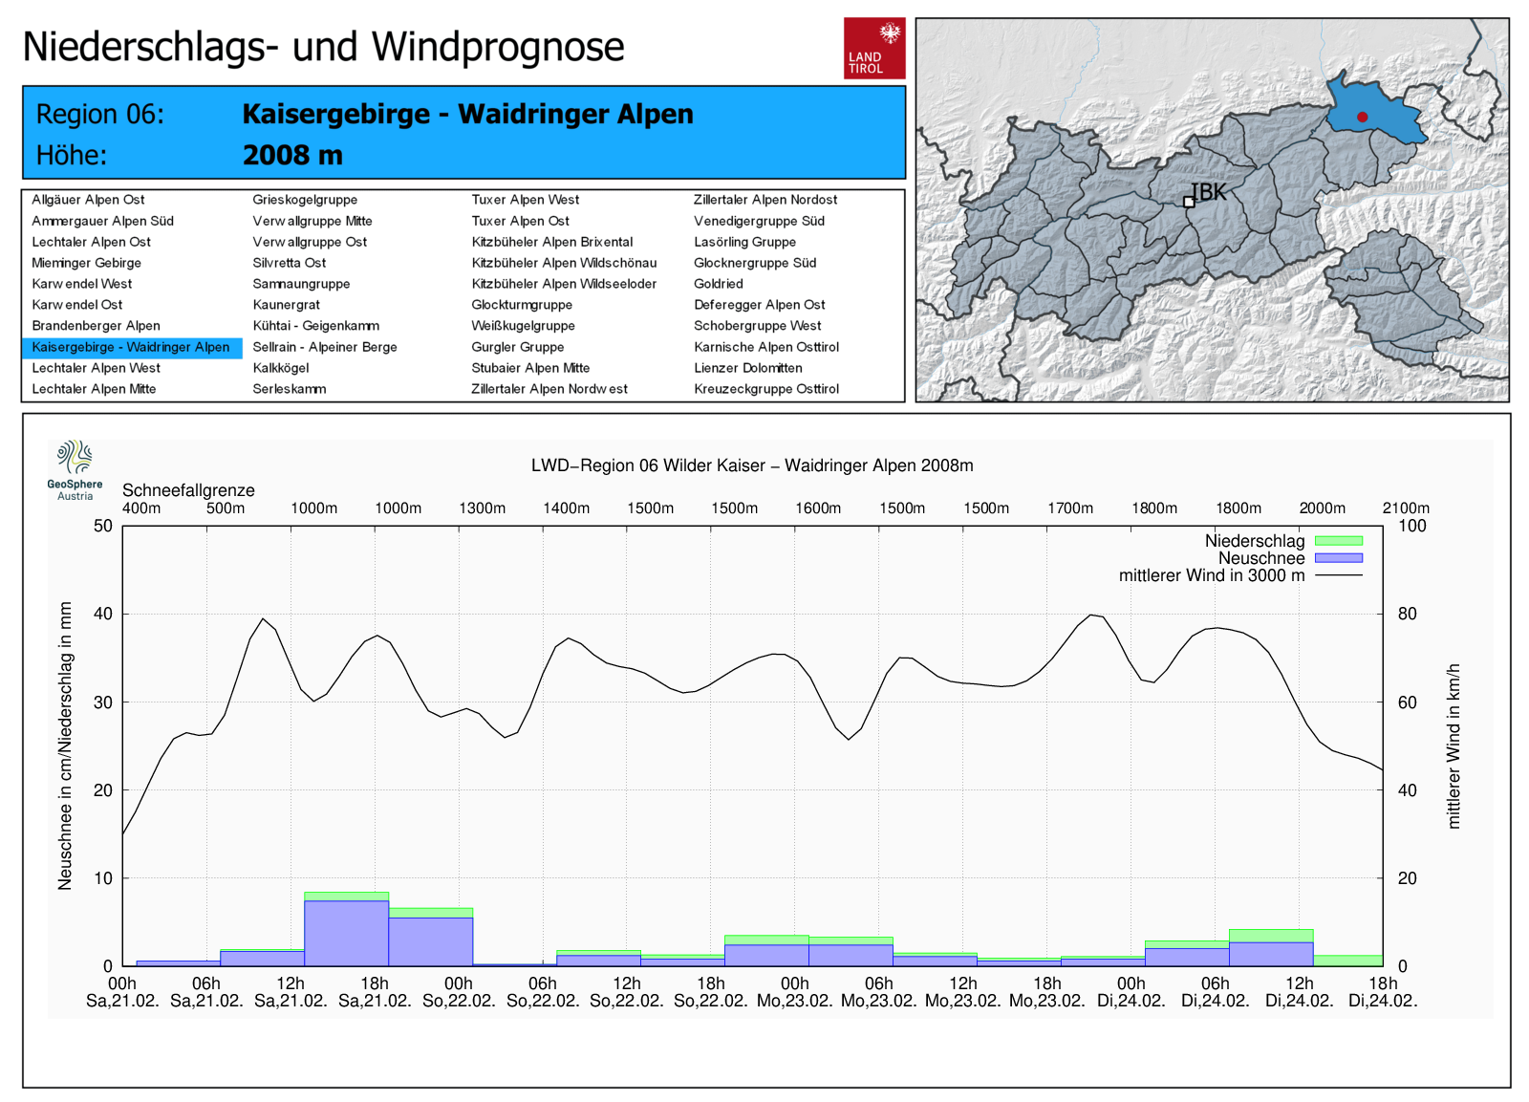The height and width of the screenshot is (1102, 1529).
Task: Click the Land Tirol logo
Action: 873,48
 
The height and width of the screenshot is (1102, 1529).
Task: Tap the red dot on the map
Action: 1362,117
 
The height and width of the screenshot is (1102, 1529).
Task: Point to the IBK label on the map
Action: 1209,192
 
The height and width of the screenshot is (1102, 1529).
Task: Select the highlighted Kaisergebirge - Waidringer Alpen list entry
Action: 131,347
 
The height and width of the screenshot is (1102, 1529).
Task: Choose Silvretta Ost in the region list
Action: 289,263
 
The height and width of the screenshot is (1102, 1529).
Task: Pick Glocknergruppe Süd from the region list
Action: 754,263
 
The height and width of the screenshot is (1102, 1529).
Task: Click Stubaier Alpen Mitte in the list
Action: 530,368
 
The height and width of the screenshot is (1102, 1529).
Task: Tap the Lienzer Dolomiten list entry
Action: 747,368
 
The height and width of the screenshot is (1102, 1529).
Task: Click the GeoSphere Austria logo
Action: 75,469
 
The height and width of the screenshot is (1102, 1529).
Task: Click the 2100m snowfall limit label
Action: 1405,508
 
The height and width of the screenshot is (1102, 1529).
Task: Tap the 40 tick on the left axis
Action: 102,614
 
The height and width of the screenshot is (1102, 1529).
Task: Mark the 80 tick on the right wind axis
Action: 1407,614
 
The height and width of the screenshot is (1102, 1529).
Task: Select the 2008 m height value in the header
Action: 292,155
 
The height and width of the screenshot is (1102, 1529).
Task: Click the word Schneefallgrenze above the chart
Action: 188,490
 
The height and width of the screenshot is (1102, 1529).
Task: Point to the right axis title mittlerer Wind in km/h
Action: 1454,745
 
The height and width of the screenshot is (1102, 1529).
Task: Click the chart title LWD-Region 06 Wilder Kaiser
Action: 752,465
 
